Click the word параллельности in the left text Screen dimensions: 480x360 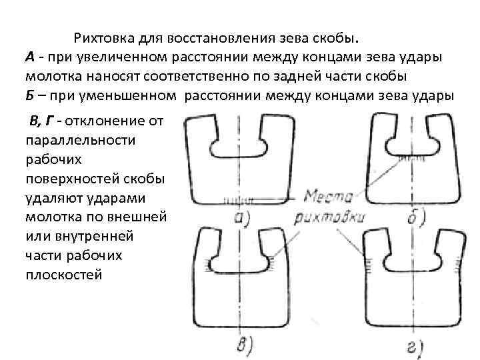(79, 141)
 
